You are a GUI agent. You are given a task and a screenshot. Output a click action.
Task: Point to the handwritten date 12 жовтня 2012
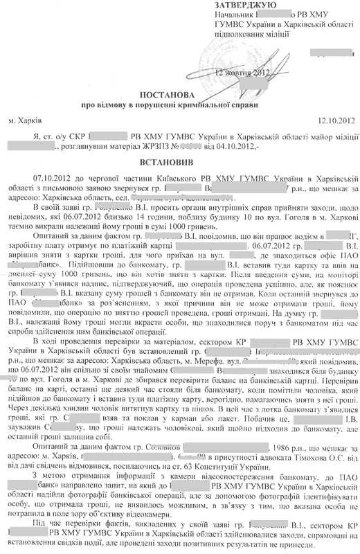[243, 73]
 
